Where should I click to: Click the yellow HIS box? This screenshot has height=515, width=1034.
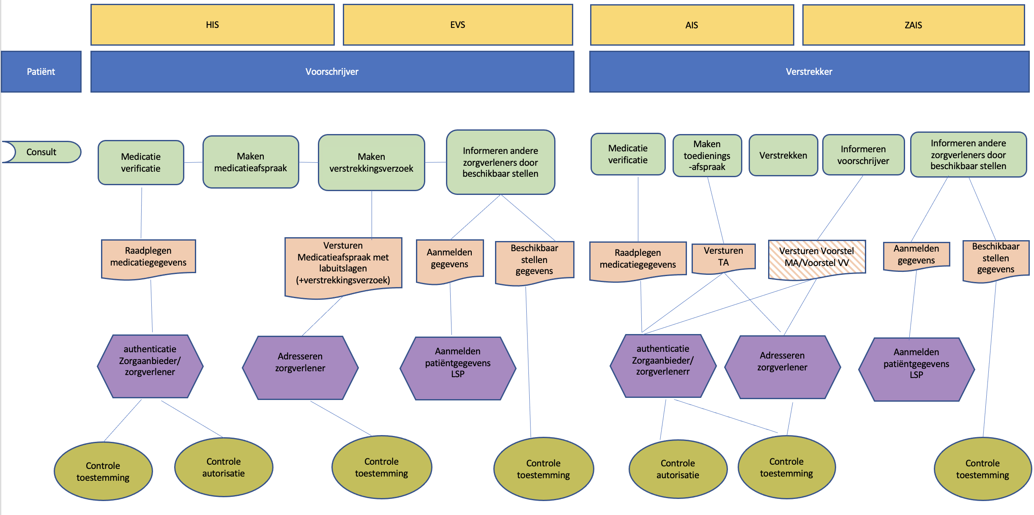coord(213,25)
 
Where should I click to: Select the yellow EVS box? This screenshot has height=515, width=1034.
coord(458,25)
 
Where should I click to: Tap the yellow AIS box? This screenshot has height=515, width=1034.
coord(692,25)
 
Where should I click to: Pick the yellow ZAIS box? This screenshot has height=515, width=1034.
coord(914,25)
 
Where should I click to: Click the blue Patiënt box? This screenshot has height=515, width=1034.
coord(41,72)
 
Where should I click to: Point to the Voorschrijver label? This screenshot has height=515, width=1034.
coord(332,72)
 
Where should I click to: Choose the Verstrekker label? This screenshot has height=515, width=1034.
coord(809,72)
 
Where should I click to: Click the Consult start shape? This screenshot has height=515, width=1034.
coord(41,152)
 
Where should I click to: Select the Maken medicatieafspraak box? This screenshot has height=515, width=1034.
coord(251,162)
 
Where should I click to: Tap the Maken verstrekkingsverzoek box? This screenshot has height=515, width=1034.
coord(372,163)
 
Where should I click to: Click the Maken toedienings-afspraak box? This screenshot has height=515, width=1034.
coord(707,156)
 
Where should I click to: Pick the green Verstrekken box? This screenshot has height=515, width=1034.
coord(783,156)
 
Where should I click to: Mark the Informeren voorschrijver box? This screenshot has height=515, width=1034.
coord(863,155)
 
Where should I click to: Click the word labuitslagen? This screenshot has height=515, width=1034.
coord(343,268)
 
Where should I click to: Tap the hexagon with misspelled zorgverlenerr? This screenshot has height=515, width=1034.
coord(663,366)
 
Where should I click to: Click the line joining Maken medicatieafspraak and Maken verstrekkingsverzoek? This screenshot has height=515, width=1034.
coord(309,162)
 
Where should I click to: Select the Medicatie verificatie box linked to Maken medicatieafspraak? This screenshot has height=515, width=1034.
coord(141,163)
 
